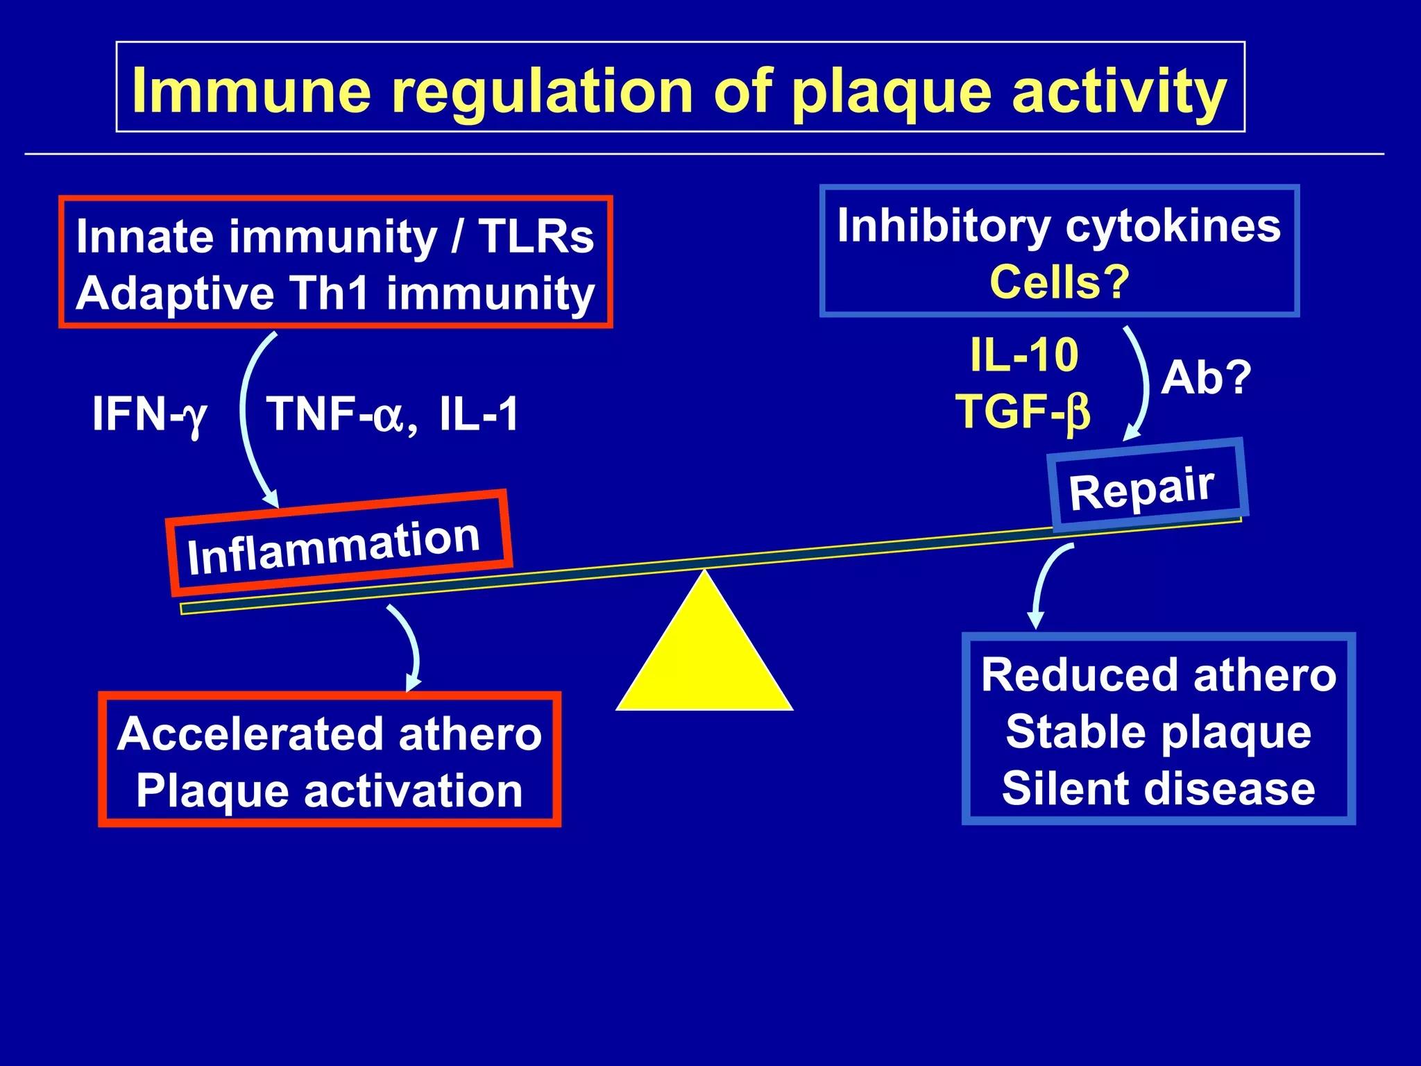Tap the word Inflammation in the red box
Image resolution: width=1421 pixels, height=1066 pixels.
click(334, 548)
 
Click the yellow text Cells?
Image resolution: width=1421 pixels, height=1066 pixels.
click(1060, 282)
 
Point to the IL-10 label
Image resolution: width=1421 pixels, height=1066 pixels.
click(1024, 355)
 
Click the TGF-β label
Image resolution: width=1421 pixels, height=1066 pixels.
click(1023, 412)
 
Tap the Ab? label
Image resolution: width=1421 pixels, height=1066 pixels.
click(1206, 378)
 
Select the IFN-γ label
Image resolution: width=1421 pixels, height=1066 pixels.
click(149, 414)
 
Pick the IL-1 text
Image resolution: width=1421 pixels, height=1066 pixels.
click(479, 414)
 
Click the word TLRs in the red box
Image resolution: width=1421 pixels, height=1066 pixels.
click(536, 237)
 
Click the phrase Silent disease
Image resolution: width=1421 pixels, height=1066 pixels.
click(1158, 789)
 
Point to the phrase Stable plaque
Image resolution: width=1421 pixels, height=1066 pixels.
click(1158, 732)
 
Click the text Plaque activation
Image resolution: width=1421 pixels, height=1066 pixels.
click(329, 791)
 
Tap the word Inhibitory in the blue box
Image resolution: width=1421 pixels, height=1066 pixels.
click(944, 226)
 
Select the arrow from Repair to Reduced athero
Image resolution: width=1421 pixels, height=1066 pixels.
click(1045, 583)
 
